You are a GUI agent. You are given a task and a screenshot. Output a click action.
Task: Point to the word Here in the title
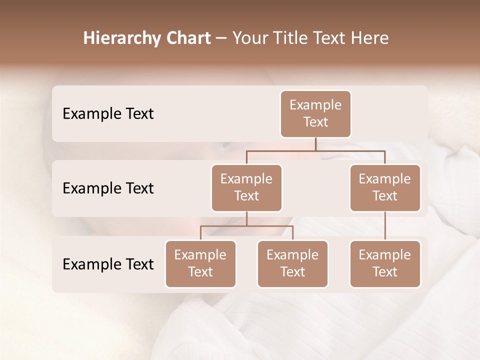tap(370, 38)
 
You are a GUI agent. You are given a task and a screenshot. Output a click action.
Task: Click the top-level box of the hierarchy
tap(315, 113)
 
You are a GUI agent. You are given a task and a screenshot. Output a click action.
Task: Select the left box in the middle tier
tap(246, 187)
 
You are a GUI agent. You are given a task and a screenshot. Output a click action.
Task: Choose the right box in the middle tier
tap(385, 187)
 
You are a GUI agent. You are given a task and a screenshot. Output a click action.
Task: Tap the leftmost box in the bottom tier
tap(200, 263)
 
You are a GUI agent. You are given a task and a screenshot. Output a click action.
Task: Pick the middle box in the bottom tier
tap(292, 263)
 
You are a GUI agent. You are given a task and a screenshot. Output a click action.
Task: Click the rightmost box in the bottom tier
tap(385, 263)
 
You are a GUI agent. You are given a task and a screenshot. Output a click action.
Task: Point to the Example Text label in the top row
tap(108, 114)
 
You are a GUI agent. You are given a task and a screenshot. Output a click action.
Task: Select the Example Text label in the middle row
tap(108, 188)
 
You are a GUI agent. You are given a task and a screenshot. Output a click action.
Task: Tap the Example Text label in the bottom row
tap(108, 264)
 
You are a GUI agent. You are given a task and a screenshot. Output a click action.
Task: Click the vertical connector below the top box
tap(315, 144)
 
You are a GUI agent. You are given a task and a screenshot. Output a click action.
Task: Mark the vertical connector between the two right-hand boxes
tap(385, 226)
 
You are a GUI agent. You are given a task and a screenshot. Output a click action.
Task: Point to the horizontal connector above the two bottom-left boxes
tap(246, 226)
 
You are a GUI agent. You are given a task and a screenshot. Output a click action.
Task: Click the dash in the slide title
tap(221, 39)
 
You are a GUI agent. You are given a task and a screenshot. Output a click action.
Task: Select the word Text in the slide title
tap(330, 38)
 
